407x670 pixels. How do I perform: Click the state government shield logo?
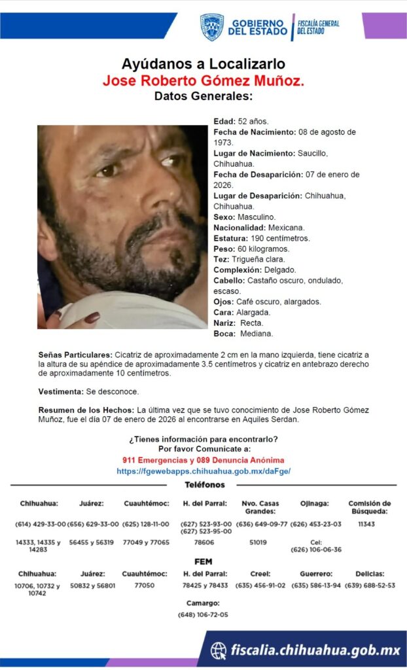click(211, 27)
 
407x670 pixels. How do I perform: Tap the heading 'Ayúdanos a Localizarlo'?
click(203, 64)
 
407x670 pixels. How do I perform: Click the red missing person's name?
click(203, 80)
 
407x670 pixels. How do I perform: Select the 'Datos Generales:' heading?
click(203, 96)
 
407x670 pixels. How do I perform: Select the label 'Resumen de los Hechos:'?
click(86, 410)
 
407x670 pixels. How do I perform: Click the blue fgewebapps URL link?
click(203, 471)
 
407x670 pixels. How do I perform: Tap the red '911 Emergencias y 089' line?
click(203, 461)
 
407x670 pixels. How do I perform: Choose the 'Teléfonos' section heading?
click(203, 485)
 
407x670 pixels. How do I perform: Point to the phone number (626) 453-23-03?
click(316, 524)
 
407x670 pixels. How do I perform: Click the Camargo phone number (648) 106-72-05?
click(203, 615)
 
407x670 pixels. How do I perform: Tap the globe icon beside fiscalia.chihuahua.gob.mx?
click(219, 650)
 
